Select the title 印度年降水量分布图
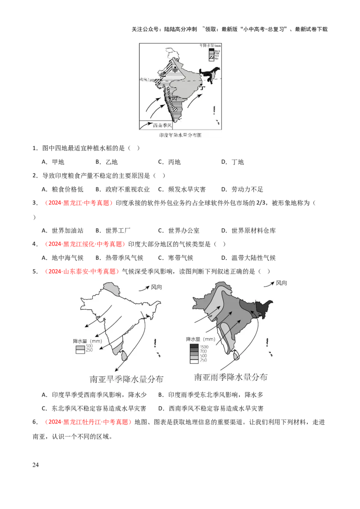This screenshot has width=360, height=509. pos(180,135)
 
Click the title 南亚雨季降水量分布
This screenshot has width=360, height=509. pos(230,377)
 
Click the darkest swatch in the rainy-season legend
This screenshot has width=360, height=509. pos(194,346)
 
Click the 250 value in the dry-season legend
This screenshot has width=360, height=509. pos(89,351)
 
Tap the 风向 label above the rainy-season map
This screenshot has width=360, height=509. pos(281,283)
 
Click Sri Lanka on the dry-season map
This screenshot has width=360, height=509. pos(125,357)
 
